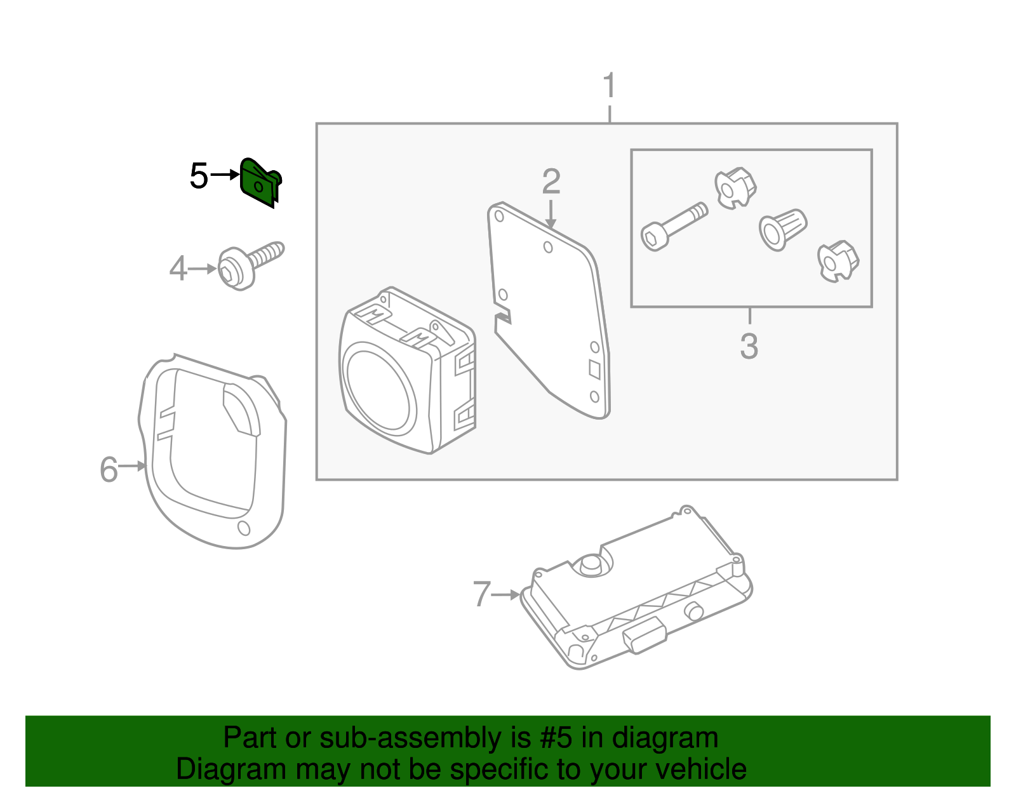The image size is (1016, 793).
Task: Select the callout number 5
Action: point(199,176)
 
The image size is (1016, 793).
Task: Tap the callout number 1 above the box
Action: point(609,85)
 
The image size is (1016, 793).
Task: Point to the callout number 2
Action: point(551,182)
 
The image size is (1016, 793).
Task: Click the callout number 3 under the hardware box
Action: point(749,347)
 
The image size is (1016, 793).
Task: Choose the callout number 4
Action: point(178,269)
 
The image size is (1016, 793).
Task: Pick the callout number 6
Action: point(109,470)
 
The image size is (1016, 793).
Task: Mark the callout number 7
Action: point(482,595)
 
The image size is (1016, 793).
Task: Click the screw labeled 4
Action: point(250,266)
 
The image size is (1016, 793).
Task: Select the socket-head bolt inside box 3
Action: point(672,227)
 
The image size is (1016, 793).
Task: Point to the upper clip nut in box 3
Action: point(735,187)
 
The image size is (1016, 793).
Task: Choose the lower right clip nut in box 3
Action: point(838,260)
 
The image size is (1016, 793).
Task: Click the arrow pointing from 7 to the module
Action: point(506,595)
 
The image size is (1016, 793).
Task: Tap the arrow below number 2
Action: point(551,214)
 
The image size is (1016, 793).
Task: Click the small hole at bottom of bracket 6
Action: point(243,528)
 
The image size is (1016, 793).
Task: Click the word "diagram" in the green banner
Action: point(665,738)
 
